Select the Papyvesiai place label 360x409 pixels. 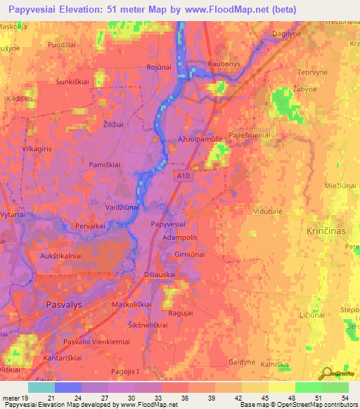point(169,223)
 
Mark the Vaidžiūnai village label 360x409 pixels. point(122,208)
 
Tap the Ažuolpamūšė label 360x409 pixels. point(200,140)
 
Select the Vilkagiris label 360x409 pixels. point(39,130)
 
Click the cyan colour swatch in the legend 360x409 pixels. point(41,387)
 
